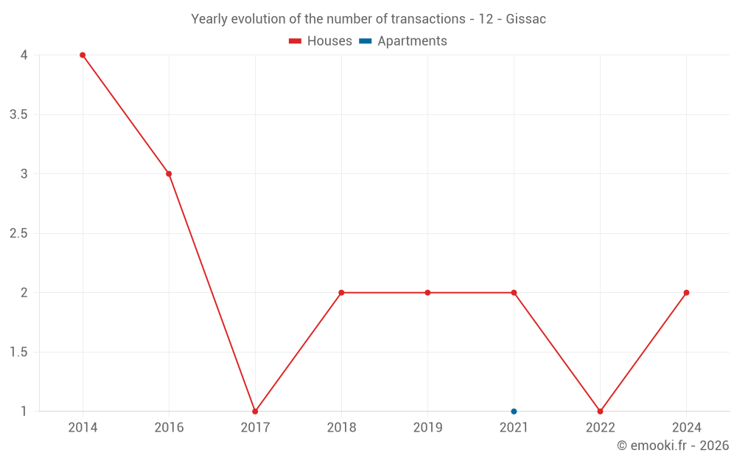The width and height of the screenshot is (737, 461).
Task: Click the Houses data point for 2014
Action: pos(83,55)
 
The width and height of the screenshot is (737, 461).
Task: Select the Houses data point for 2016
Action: pos(169,174)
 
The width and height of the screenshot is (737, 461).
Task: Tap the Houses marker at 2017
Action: pos(255,411)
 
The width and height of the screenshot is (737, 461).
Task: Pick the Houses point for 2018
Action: pos(341,293)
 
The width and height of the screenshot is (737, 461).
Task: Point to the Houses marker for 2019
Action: pos(427,293)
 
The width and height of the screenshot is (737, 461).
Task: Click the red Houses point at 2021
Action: pos(514,293)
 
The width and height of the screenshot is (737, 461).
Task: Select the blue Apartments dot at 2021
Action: pos(514,411)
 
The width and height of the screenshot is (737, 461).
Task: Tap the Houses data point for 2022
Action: pos(600,411)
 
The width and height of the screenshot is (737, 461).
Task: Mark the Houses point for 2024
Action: pos(686,293)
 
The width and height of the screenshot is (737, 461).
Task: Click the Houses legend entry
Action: pos(321,41)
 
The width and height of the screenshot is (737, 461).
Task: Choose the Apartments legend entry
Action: pos(403,41)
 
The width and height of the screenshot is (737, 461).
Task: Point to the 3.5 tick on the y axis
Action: pos(18,114)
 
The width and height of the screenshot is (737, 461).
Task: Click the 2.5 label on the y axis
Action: pos(18,233)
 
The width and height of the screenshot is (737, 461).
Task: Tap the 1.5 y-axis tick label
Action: pos(18,352)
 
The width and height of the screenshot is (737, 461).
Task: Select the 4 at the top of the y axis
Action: pos(24,55)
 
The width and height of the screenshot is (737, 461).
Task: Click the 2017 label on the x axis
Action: pos(255,427)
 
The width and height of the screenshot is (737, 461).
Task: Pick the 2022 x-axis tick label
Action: pos(600,427)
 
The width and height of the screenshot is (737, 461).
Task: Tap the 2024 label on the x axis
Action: pos(686,427)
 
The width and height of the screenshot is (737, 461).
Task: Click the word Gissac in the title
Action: pos(526,19)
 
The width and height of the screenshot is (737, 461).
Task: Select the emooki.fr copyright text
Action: pos(673,446)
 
